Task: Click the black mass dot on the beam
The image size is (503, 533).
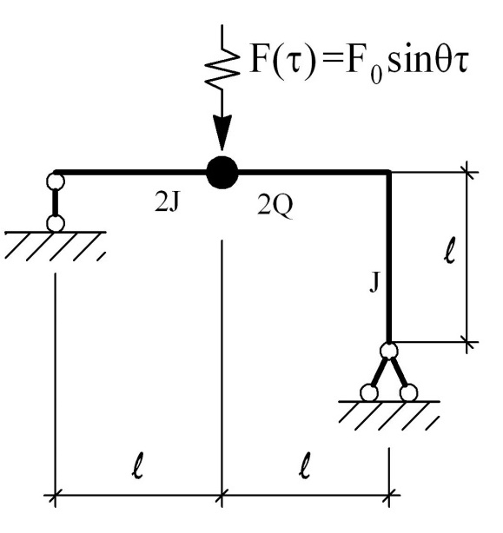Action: [x=222, y=173]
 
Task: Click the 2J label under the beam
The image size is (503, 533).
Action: [x=167, y=203]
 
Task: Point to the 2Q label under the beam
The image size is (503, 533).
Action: [x=275, y=205]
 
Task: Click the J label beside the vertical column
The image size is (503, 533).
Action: [x=374, y=282]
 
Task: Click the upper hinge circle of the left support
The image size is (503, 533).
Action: [x=55, y=181]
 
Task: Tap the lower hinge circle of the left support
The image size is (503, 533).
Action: [x=55, y=224]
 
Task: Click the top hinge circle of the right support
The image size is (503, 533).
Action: [x=388, y=351]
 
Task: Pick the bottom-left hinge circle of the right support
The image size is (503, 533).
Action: [x=369, y=393]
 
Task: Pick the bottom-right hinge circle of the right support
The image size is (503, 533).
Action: [x=408, y=393]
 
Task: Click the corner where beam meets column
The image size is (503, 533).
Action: [x=388, y=173]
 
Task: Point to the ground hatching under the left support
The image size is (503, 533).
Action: [x=56, y=247]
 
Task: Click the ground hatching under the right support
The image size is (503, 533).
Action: [x=389, y=416]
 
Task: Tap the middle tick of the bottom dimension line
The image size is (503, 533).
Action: [x=222, y=496]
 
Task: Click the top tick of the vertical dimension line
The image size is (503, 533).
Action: [x=467, y=173]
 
